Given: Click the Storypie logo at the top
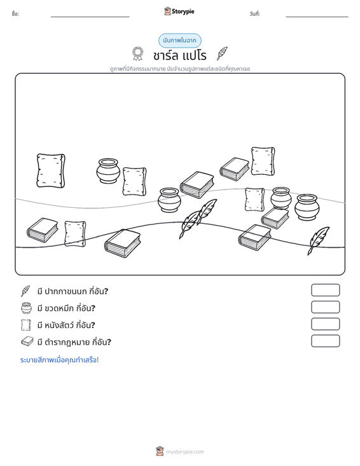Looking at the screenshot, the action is click(x=179, y=11).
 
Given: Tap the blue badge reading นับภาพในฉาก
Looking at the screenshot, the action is click(x=180, y=41).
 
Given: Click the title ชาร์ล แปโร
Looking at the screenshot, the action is click(x=180, y=55).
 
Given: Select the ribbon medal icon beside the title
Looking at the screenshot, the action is click(x=137, y=54).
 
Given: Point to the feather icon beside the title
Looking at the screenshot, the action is click(x=222, y=53).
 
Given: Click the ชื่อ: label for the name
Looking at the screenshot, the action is click(x=15, y=14).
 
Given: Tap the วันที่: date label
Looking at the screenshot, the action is click(x=255, y=14).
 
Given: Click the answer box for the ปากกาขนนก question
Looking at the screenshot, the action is click(x=325, y=290).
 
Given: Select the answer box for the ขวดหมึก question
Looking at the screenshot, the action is click(x=325, y=307).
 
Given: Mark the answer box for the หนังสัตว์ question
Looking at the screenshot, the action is click(x=325, y=324).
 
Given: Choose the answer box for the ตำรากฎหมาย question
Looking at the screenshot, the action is click(x=325, y=341).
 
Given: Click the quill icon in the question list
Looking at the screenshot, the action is click(x=25, y=291).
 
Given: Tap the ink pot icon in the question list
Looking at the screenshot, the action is click(x=26, y=308).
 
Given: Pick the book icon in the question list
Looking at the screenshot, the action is click(x=27, y=341).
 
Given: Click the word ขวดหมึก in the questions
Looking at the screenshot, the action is click(x=59, y=308).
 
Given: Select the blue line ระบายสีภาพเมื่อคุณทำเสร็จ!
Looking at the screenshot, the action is click(x=59, y=360).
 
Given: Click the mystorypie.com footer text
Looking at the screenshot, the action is click(x=184, y=452).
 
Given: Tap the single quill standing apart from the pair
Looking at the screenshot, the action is click(x=318, y=241).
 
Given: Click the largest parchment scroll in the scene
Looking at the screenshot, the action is click(x=51, y=171).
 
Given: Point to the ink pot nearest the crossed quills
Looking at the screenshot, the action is click(x=169, y=200).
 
